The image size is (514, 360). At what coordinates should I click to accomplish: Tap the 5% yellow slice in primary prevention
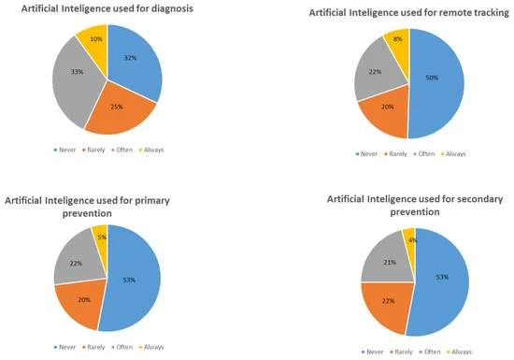(x=99, y=238)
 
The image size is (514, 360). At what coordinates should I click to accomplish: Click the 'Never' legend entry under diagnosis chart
(x=59, y=148)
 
